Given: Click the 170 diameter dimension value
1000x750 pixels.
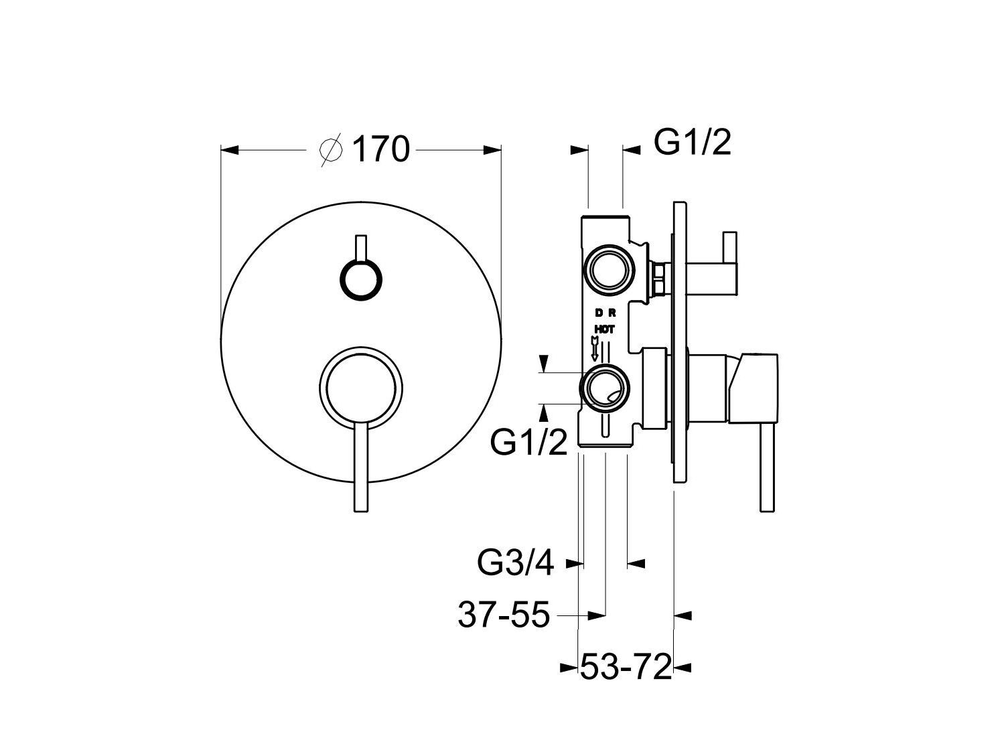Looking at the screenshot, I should pos(380,149).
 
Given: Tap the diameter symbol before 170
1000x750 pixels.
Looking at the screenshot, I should pos(332,149).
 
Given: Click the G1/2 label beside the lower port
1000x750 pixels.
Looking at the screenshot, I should pos(529,442).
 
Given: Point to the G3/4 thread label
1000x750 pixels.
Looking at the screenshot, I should pos(516,563).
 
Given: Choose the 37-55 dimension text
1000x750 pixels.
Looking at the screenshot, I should pos(504,614).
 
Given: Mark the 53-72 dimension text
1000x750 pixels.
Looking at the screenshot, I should pos(625,667).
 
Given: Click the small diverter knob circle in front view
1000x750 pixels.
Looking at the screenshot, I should pos(362,278).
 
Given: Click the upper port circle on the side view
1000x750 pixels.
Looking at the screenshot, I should pos(609,270).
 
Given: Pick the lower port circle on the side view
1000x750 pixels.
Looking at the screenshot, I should pos(606,388).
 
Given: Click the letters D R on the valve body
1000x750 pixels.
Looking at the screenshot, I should pos(605,313).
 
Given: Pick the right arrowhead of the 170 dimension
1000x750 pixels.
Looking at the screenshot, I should pos(493,149).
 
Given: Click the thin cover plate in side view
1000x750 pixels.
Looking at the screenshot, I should pos(680,342).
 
